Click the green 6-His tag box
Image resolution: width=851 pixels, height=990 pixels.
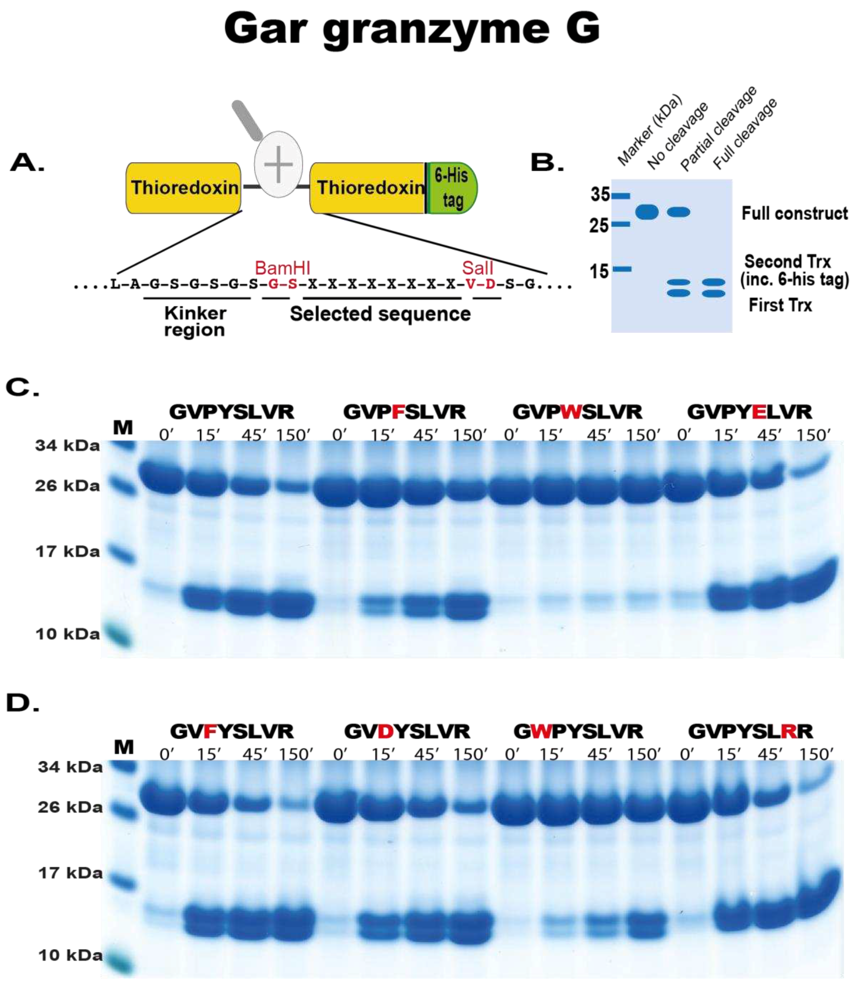[x=451, y=188]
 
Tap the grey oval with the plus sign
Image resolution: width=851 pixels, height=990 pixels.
[x=278, y=164]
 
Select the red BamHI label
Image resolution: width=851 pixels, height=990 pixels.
[x=282, y=267]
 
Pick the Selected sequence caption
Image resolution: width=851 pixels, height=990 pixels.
[x=380, y=314]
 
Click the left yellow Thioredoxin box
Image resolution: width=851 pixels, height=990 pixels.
[x=184, y=188]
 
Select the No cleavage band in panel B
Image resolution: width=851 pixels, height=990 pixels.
[x=647, y=211]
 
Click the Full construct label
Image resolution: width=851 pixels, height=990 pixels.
[x=794, y=213]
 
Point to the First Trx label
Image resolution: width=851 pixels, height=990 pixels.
[x=780, y=305]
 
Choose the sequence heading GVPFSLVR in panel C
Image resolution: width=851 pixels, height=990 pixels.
[x=404, y=412]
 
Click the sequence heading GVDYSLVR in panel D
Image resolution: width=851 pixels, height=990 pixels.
[x=407, y=731]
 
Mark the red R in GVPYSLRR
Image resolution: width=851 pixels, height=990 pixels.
[x=789, y=731]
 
